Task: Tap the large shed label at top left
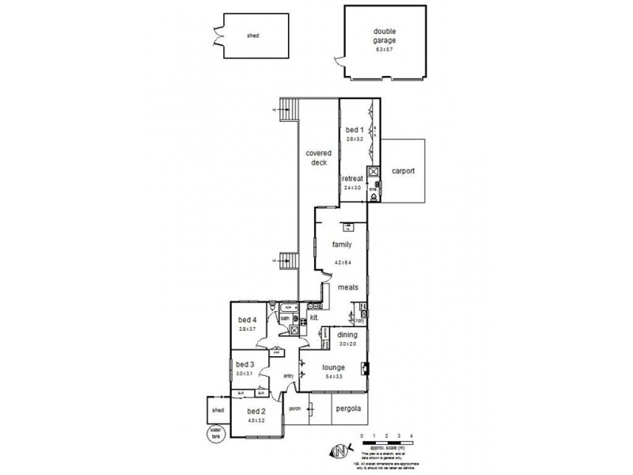click(x=253, y=36)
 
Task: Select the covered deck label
click(x=317, y=157)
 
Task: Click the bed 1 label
click(x=354, y=129)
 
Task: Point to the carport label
click(x=403, y=170)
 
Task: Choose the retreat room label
click(x=352, y=179)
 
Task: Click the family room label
click(x=342, y=245)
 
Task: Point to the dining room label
click(x=336, y=335)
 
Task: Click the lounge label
click(x=333, y=367)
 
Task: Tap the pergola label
click(x=349, y=408)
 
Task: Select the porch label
click(x=295, y=409)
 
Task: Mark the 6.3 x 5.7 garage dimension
click(x=384, y=49)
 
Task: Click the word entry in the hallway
click(x=288, y=375)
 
